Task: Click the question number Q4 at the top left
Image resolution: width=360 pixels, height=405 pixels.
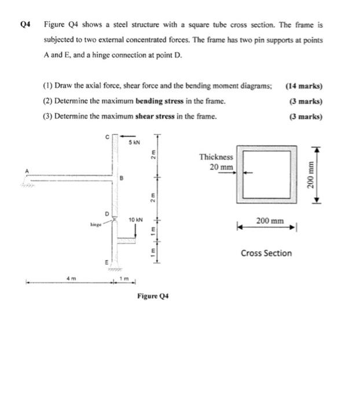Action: pos(25,25)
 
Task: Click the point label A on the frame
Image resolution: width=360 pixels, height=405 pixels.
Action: pos(26,170)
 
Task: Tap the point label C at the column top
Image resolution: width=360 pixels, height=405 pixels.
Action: pos(105,137)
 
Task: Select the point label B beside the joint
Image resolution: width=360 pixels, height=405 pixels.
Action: pos(122,179)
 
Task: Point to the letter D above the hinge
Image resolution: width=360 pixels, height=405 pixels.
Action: pos(105,214)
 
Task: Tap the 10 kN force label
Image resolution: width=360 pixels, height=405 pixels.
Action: pos(135,219)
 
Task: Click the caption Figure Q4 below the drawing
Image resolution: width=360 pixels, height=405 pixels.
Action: pos(152,296)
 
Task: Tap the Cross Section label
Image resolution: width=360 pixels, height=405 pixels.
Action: pos(266,253)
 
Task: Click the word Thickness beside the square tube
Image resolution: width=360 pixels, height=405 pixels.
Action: pos(216,157)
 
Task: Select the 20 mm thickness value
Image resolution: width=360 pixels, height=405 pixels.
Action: pos(222,167)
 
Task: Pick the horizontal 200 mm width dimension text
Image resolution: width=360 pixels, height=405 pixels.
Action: pos(270,220)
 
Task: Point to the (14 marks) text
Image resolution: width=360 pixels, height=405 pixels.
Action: pos(304,86)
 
